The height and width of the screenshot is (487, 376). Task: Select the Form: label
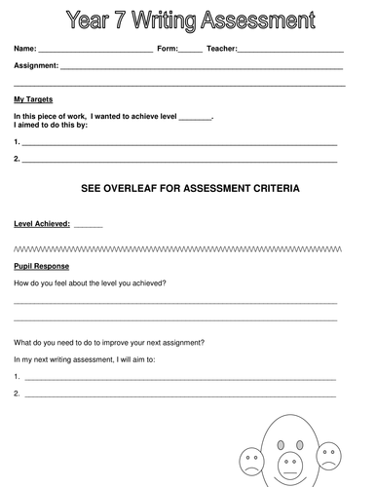point(168,48)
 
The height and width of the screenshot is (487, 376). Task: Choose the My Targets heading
point(33,99)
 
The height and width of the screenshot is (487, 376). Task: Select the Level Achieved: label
point(42,223)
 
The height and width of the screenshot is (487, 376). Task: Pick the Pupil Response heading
point(41,265)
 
